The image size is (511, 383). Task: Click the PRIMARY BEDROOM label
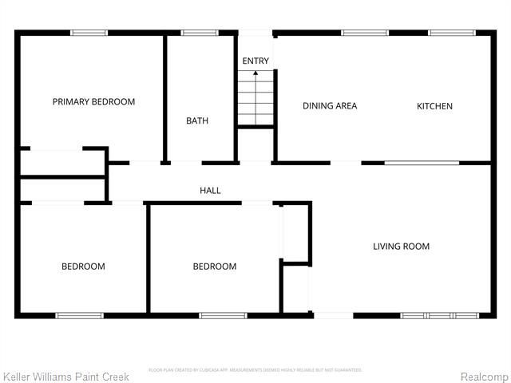click(93, 102)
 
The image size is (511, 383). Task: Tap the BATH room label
click(197, 121)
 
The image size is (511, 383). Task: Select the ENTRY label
click(255, 61)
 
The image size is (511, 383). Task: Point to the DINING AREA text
click(330, 106)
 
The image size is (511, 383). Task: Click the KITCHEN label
click(434, 106)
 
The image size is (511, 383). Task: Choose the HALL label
click(210, 191)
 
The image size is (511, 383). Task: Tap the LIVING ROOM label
click(401, 247)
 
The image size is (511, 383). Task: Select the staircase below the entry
click(255, 99)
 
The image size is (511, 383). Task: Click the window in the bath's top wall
click(194, 33)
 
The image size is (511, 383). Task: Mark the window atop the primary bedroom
click(89, 33)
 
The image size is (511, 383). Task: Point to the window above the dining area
click(358, 33)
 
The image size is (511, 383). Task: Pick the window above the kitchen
click(446, 33)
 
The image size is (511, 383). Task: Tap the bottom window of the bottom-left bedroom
click(79, 316)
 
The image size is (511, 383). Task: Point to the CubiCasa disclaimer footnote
click(255, 369)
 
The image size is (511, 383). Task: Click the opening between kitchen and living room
click(422, 163)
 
